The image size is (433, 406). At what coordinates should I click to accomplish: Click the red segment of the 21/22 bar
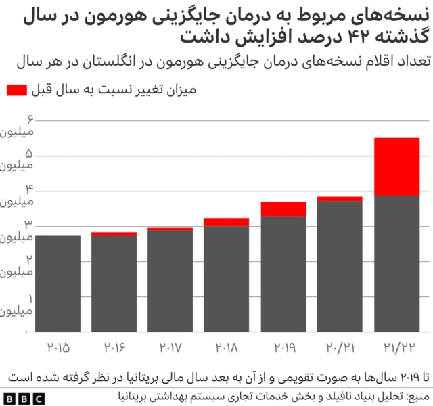tap(397, 166)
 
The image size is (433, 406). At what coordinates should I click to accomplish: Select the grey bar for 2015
tap(58, 284)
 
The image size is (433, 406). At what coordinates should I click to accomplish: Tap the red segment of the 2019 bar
tap(283, 209)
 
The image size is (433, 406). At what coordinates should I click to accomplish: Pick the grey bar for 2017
tap(170, 281)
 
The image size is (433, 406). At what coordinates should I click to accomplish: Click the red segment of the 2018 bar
tap(227, 222)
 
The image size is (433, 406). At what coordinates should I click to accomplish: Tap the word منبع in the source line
tap(417, 394)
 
